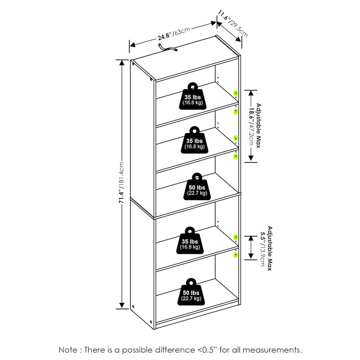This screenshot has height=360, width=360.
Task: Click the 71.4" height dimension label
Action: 121,183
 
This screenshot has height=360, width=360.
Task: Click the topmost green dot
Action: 235,93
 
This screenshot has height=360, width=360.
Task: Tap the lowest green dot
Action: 235,255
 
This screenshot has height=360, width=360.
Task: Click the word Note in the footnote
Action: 68,350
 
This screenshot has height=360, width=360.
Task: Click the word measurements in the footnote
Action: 272,350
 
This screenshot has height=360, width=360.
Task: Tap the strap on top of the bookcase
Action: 167,48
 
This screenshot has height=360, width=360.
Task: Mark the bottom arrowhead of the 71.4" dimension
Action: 122,305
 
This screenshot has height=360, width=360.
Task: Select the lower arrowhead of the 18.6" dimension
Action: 251,158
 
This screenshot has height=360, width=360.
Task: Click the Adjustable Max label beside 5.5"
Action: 270,249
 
